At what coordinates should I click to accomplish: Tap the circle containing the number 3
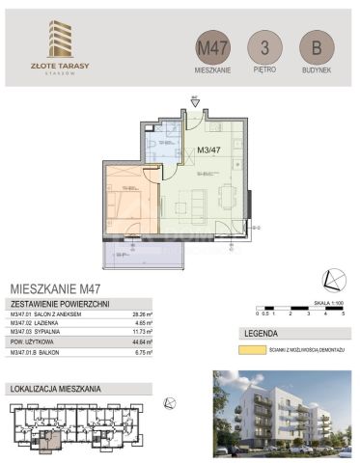tap(260, 47)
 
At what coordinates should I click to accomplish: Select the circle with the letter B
tap(311, 47)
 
